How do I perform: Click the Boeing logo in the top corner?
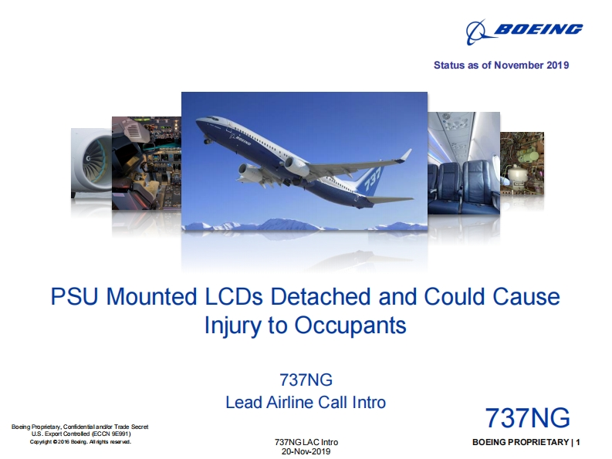click(524, 31)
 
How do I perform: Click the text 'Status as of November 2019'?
click(501, 65)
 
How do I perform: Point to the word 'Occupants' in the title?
click(350, 325)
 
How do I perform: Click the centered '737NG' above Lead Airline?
click(306, 380)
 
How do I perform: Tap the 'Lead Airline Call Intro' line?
click(306, 403)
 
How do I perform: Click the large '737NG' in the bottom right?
click(527, 418)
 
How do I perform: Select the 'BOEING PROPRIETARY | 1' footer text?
click(526, 442)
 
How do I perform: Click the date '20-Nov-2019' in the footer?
click(306, 451)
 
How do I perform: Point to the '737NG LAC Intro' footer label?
click(306, 442)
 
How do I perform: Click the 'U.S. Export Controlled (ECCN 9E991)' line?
click(81, 434)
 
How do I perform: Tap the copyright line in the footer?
click(80, 442)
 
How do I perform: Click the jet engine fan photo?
click(92, 163)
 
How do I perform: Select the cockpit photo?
click(147, 163)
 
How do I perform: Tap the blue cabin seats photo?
click(464, 163)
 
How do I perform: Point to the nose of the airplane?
click(198, 122)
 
